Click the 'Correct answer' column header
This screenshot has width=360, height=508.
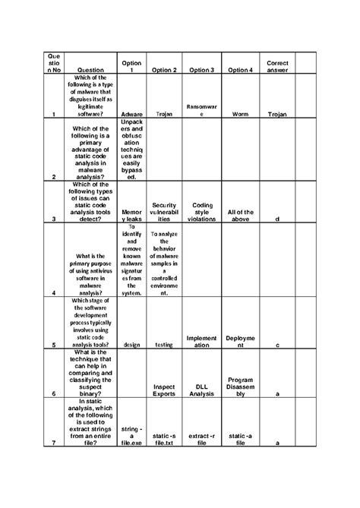tap(277, 66)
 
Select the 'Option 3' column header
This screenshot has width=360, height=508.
tap(201, 71)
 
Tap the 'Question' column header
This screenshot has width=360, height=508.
tap(91, 71)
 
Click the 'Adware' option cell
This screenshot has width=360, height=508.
tap(131, 114)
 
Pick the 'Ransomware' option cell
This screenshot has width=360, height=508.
tap(201, 111)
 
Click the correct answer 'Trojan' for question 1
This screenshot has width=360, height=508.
tap(277, 114)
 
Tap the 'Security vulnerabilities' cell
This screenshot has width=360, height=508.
tap(164, 211)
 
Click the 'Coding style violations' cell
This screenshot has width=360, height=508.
tap(202, 211)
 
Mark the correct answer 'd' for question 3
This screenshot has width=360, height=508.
tap(277, 219)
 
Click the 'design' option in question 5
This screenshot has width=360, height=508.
tap(131, 344)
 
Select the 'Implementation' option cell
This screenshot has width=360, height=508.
tap(201, 341)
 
